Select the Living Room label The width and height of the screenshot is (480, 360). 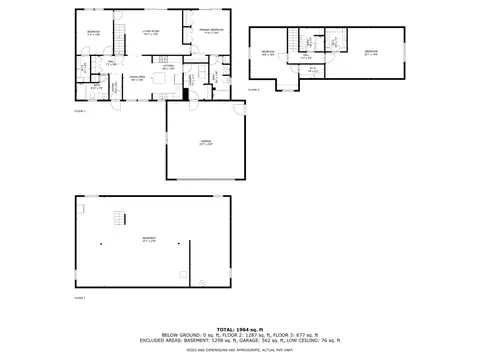pos(150,34)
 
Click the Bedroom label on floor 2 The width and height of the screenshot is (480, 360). pos(92,33)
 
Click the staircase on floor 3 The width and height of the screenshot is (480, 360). pos(294,41)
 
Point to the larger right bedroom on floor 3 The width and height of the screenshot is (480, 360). pos(371,52)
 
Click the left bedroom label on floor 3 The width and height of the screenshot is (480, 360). pos(268,52)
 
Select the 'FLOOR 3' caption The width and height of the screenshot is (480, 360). pos(253,90)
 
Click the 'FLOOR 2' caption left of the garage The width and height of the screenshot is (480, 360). pos(80,110)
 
